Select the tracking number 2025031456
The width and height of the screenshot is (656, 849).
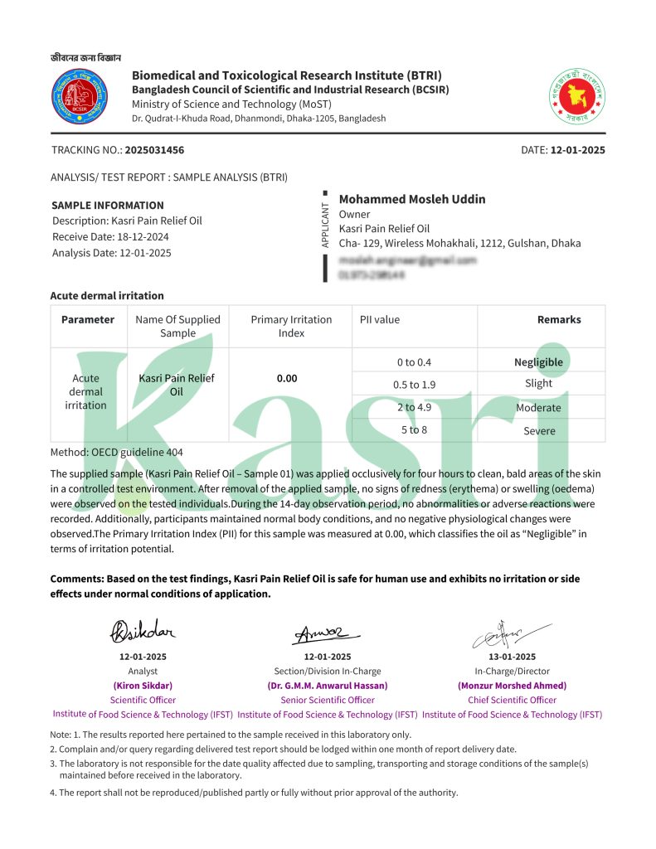[154, 150]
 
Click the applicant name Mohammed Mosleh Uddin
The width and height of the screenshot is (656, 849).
[412, 199]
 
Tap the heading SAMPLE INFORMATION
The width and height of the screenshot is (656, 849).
[108, 205]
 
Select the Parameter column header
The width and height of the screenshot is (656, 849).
[88, 319]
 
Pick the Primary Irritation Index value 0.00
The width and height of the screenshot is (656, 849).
[287, 378]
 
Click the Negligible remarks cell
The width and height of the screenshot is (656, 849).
[538, 362]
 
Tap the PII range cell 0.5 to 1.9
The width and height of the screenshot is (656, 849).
[415, 385]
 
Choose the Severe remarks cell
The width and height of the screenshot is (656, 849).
[539, 431]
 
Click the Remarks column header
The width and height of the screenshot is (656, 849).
[559, 319]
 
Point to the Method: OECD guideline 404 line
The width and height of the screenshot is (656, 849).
[117, 452]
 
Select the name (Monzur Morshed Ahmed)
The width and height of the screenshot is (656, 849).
[512, 686]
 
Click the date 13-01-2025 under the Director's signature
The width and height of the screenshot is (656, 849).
[512, 657]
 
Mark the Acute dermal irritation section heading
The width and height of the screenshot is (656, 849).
[107, 295]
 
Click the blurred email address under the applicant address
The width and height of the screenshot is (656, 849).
[408, 260]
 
